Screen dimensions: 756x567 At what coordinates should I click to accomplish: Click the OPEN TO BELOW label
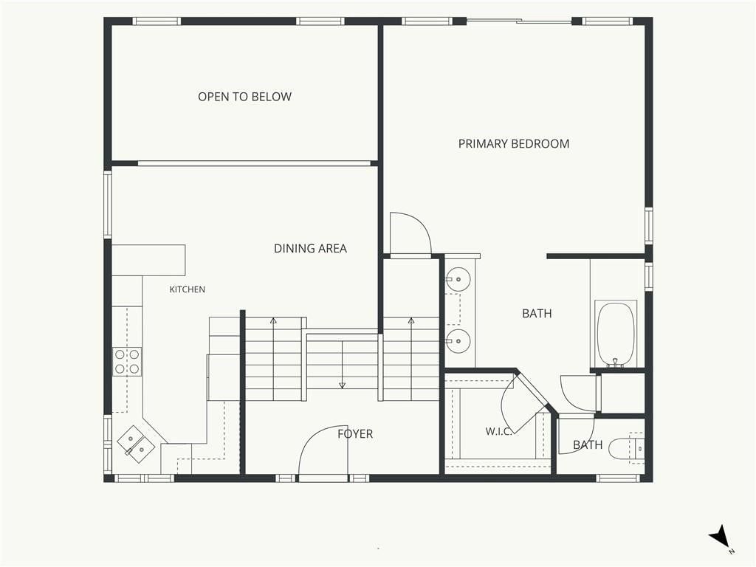coord(244,97)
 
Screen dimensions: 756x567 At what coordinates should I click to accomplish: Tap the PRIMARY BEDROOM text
coord(514,144)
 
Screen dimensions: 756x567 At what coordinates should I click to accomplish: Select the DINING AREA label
coord(310,248)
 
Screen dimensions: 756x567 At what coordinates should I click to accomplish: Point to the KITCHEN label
coord(187,289)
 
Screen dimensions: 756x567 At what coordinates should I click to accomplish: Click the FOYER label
coord(355,434)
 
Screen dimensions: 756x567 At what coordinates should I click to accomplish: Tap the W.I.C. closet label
coord(498,431)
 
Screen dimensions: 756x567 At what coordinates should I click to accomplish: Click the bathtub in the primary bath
coord(615,334)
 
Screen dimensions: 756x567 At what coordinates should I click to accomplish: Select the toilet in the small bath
coord(626,448)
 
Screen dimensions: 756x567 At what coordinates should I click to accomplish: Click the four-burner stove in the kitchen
coord(127,362)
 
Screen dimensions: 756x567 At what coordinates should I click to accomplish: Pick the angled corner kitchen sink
coord(137,444)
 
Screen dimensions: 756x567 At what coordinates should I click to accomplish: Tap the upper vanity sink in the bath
coord(458,279)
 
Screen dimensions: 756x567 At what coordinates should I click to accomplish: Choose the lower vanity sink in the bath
coord(458,341)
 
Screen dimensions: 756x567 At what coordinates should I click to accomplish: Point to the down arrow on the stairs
coord(343,363)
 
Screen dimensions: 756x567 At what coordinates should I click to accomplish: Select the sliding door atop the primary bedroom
coord(519,21)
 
